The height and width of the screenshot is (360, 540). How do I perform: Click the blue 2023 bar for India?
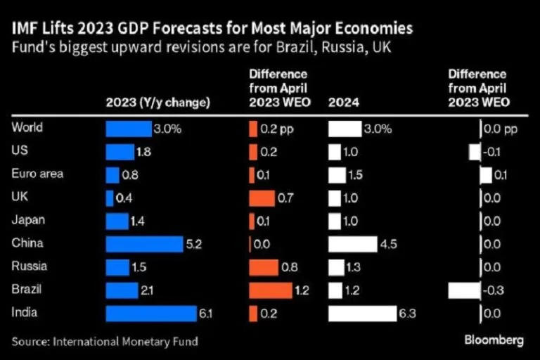pos(151,314)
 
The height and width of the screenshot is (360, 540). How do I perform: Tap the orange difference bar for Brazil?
pos(270,290)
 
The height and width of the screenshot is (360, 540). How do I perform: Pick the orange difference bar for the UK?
pos(262,198)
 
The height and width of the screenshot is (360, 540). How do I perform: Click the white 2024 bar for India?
pos(362,314)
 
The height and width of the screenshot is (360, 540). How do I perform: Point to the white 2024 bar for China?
pos(352,244)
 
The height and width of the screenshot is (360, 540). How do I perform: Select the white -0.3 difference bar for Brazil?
pos(463,290)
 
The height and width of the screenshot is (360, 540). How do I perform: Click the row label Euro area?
pos(37,174)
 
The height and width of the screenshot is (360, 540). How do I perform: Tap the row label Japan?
pos(29,219)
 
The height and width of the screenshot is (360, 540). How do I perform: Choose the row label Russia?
pos(30,266)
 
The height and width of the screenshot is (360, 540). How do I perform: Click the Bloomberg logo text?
pos(494,340)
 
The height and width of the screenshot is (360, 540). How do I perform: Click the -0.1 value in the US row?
pos(494,152)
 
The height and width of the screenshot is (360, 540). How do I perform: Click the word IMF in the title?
pos(24,29)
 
